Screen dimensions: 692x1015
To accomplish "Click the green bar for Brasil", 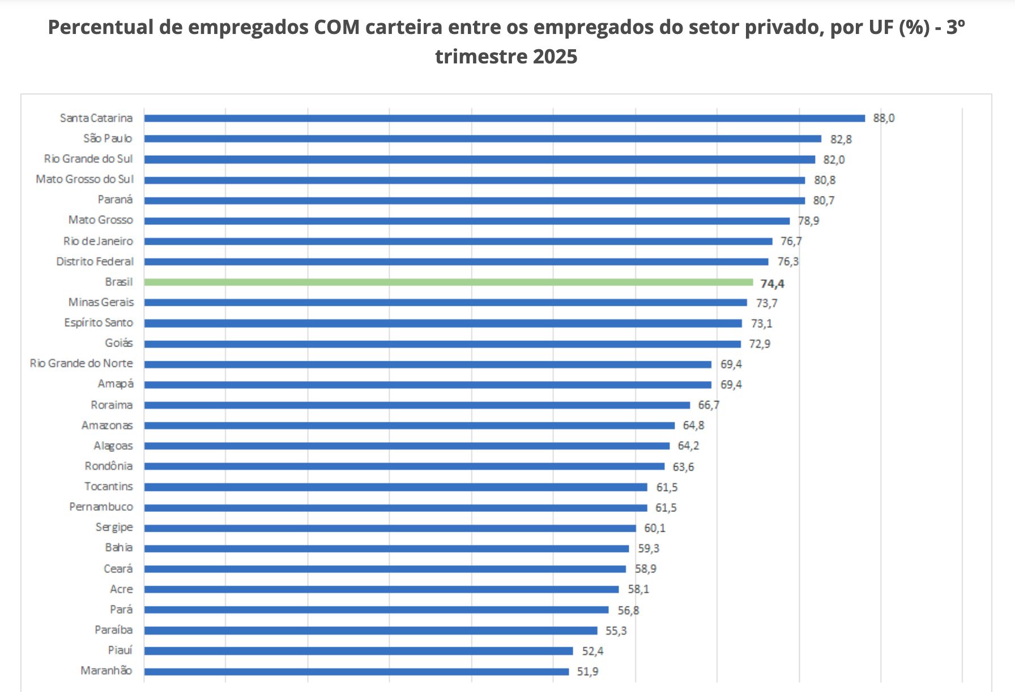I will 448,282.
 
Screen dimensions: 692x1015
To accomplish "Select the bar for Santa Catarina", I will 504,118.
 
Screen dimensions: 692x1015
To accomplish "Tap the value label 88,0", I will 884,118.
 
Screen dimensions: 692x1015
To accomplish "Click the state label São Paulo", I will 108,139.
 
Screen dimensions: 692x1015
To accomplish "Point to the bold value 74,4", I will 772,283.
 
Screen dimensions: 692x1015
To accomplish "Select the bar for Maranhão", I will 356,672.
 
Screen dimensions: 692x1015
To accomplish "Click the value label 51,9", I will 587,672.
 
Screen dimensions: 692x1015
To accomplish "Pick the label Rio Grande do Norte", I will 82,364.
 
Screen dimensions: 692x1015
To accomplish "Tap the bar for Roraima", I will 417,405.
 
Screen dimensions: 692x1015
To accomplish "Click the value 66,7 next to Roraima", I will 709,405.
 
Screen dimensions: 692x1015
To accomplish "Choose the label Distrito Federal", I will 95,262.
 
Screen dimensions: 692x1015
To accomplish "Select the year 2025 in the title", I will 555,57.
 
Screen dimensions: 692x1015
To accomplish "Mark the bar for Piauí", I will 359,651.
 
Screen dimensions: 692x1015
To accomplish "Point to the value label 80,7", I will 824,200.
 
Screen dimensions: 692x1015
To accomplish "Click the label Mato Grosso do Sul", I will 85,180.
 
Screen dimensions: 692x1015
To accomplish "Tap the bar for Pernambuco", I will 395,507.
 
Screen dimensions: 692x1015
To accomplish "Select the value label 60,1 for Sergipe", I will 654,528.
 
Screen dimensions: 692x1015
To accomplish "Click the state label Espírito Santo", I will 99,323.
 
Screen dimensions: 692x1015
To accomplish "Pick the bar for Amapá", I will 428,385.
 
